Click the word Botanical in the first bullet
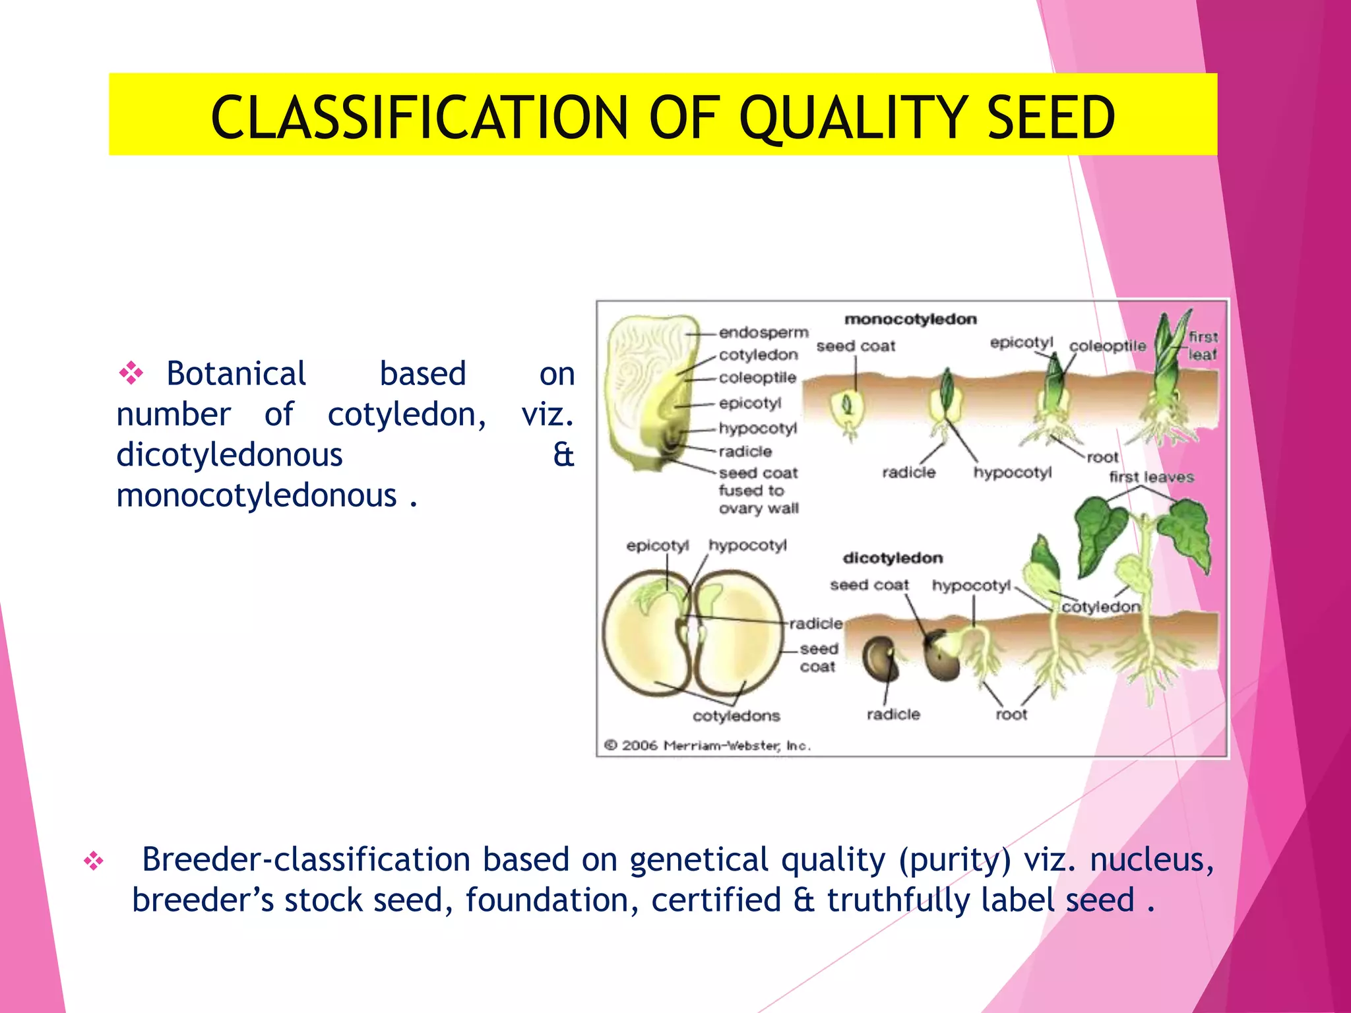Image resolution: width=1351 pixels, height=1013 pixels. pyautogui.click(x=236, y=374)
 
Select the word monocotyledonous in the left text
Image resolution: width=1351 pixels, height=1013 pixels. pyautogui.click(x=257, y=496)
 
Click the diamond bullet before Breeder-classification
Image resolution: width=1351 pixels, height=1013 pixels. pyautogui.click(x=94, y=861)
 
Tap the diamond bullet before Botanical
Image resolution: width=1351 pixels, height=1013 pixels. pyautogui.click(x=131, y=373)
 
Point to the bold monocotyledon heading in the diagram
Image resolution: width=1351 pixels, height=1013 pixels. pyautogui.click(x=910, y=320)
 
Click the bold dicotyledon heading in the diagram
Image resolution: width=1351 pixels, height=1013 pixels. pyautogui.click(x=893, y=559)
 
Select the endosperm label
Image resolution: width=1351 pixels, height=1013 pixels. pyautogui.click(x=763, y=332)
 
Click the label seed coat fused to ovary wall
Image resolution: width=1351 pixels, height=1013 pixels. pyautogui.click(x=758, y=491)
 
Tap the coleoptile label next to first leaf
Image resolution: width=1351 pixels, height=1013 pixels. pyautogui.click(x=1108, y=346)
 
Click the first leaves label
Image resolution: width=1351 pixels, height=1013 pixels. pyautogui.click(x=1151, y=477)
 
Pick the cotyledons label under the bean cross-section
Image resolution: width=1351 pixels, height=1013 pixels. pyautogui.click(x=736, y=716)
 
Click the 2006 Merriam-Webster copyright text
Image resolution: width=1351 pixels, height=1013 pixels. pyautogui.click(x=707, y=746)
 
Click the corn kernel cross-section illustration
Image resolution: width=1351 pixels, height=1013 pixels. pyautogui.click(x=650, y=392)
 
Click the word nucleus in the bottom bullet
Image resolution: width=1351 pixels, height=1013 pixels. pyautogui.click(x=1150, y=861)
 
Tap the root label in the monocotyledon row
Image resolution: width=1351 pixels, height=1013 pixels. pyautogui.click(x=1102, y=457)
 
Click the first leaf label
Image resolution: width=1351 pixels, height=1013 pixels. pyautogui.click(x=1203, y=346)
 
